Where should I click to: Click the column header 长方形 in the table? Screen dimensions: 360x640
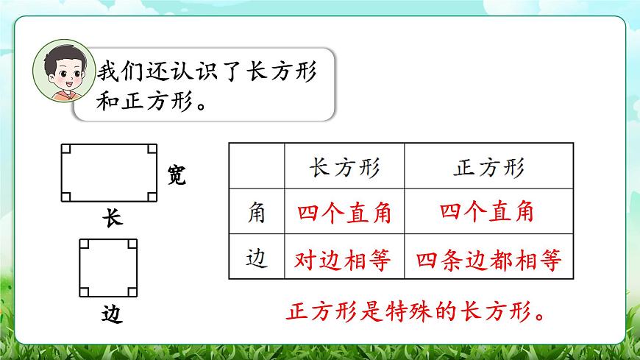pyautogui.click(x=344, y=168)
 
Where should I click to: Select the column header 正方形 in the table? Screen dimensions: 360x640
pyautogui.click(x=487, y=168)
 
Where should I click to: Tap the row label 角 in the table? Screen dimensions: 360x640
pyautogui.click(x=257, y=213)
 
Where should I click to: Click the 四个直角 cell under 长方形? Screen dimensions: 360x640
pyautogui.click(x=344, y=213)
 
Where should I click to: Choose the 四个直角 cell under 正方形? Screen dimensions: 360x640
pyautogui.click(x=487, y=213)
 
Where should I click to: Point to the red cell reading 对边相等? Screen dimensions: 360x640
pyautogui.click(x=344, y=259)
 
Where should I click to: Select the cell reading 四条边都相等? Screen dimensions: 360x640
pyautogui.click(x=488, y=259)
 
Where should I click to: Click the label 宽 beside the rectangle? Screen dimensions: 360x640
pyautogui.click(x=176, y=175)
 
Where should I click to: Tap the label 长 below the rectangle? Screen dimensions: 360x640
pyautogui.click(x=112, y=219)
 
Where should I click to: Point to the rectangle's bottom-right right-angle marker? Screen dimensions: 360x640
pyautogui.click(x=152, y=197)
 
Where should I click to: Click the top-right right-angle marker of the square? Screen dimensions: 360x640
pyautogui.click(x=132, y=244)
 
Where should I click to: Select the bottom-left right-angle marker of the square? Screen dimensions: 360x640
pyautogui.click(x=85, y=289)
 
